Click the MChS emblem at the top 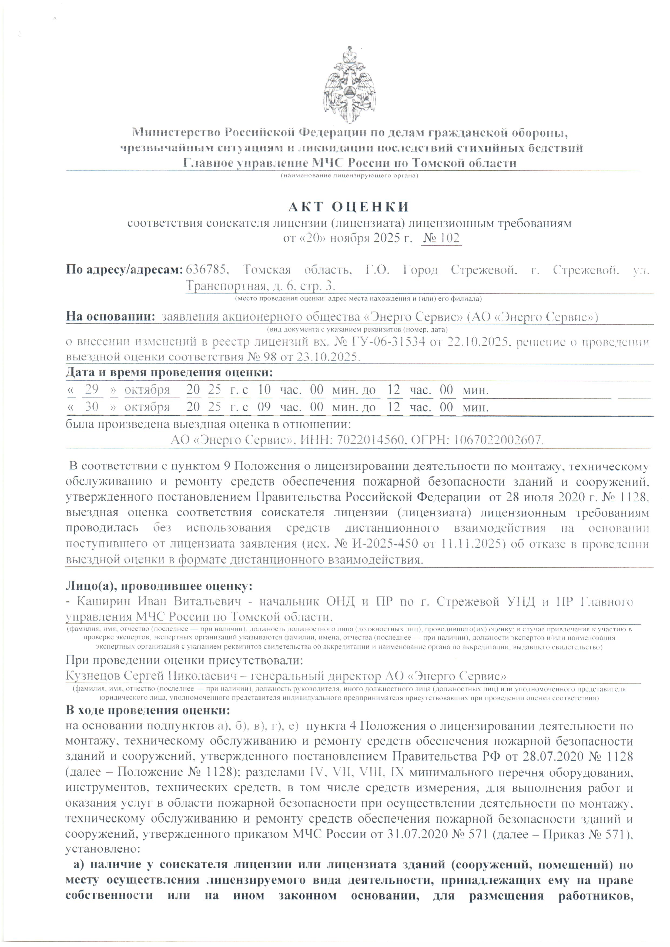[349, 85]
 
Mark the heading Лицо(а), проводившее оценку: [159, 586]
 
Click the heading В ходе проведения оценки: [148, 710]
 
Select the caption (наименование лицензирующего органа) [349, 176]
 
